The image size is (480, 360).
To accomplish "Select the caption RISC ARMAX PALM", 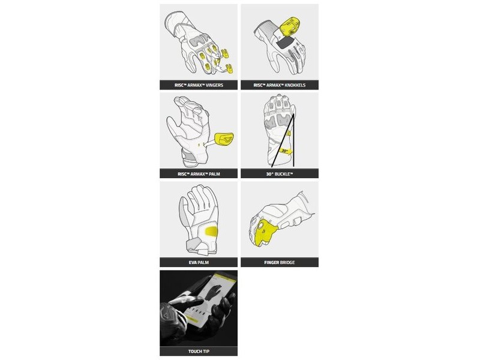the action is pyautogui.click(x=199, y=174).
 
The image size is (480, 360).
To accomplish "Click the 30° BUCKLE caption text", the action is pyautogui.click(x=280, y=174).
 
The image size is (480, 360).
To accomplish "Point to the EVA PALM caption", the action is pyautogui.click(x=199, y=262).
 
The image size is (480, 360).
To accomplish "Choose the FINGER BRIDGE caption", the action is pyautogui.click(x=280, y=262).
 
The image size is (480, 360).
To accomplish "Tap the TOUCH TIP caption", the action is pyautogui.click(x=199, y=351).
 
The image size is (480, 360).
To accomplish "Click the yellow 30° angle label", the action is pyautogui.click(x=285, y=151).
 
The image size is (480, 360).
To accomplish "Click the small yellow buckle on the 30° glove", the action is pyautogui.click(x=289, y=133).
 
